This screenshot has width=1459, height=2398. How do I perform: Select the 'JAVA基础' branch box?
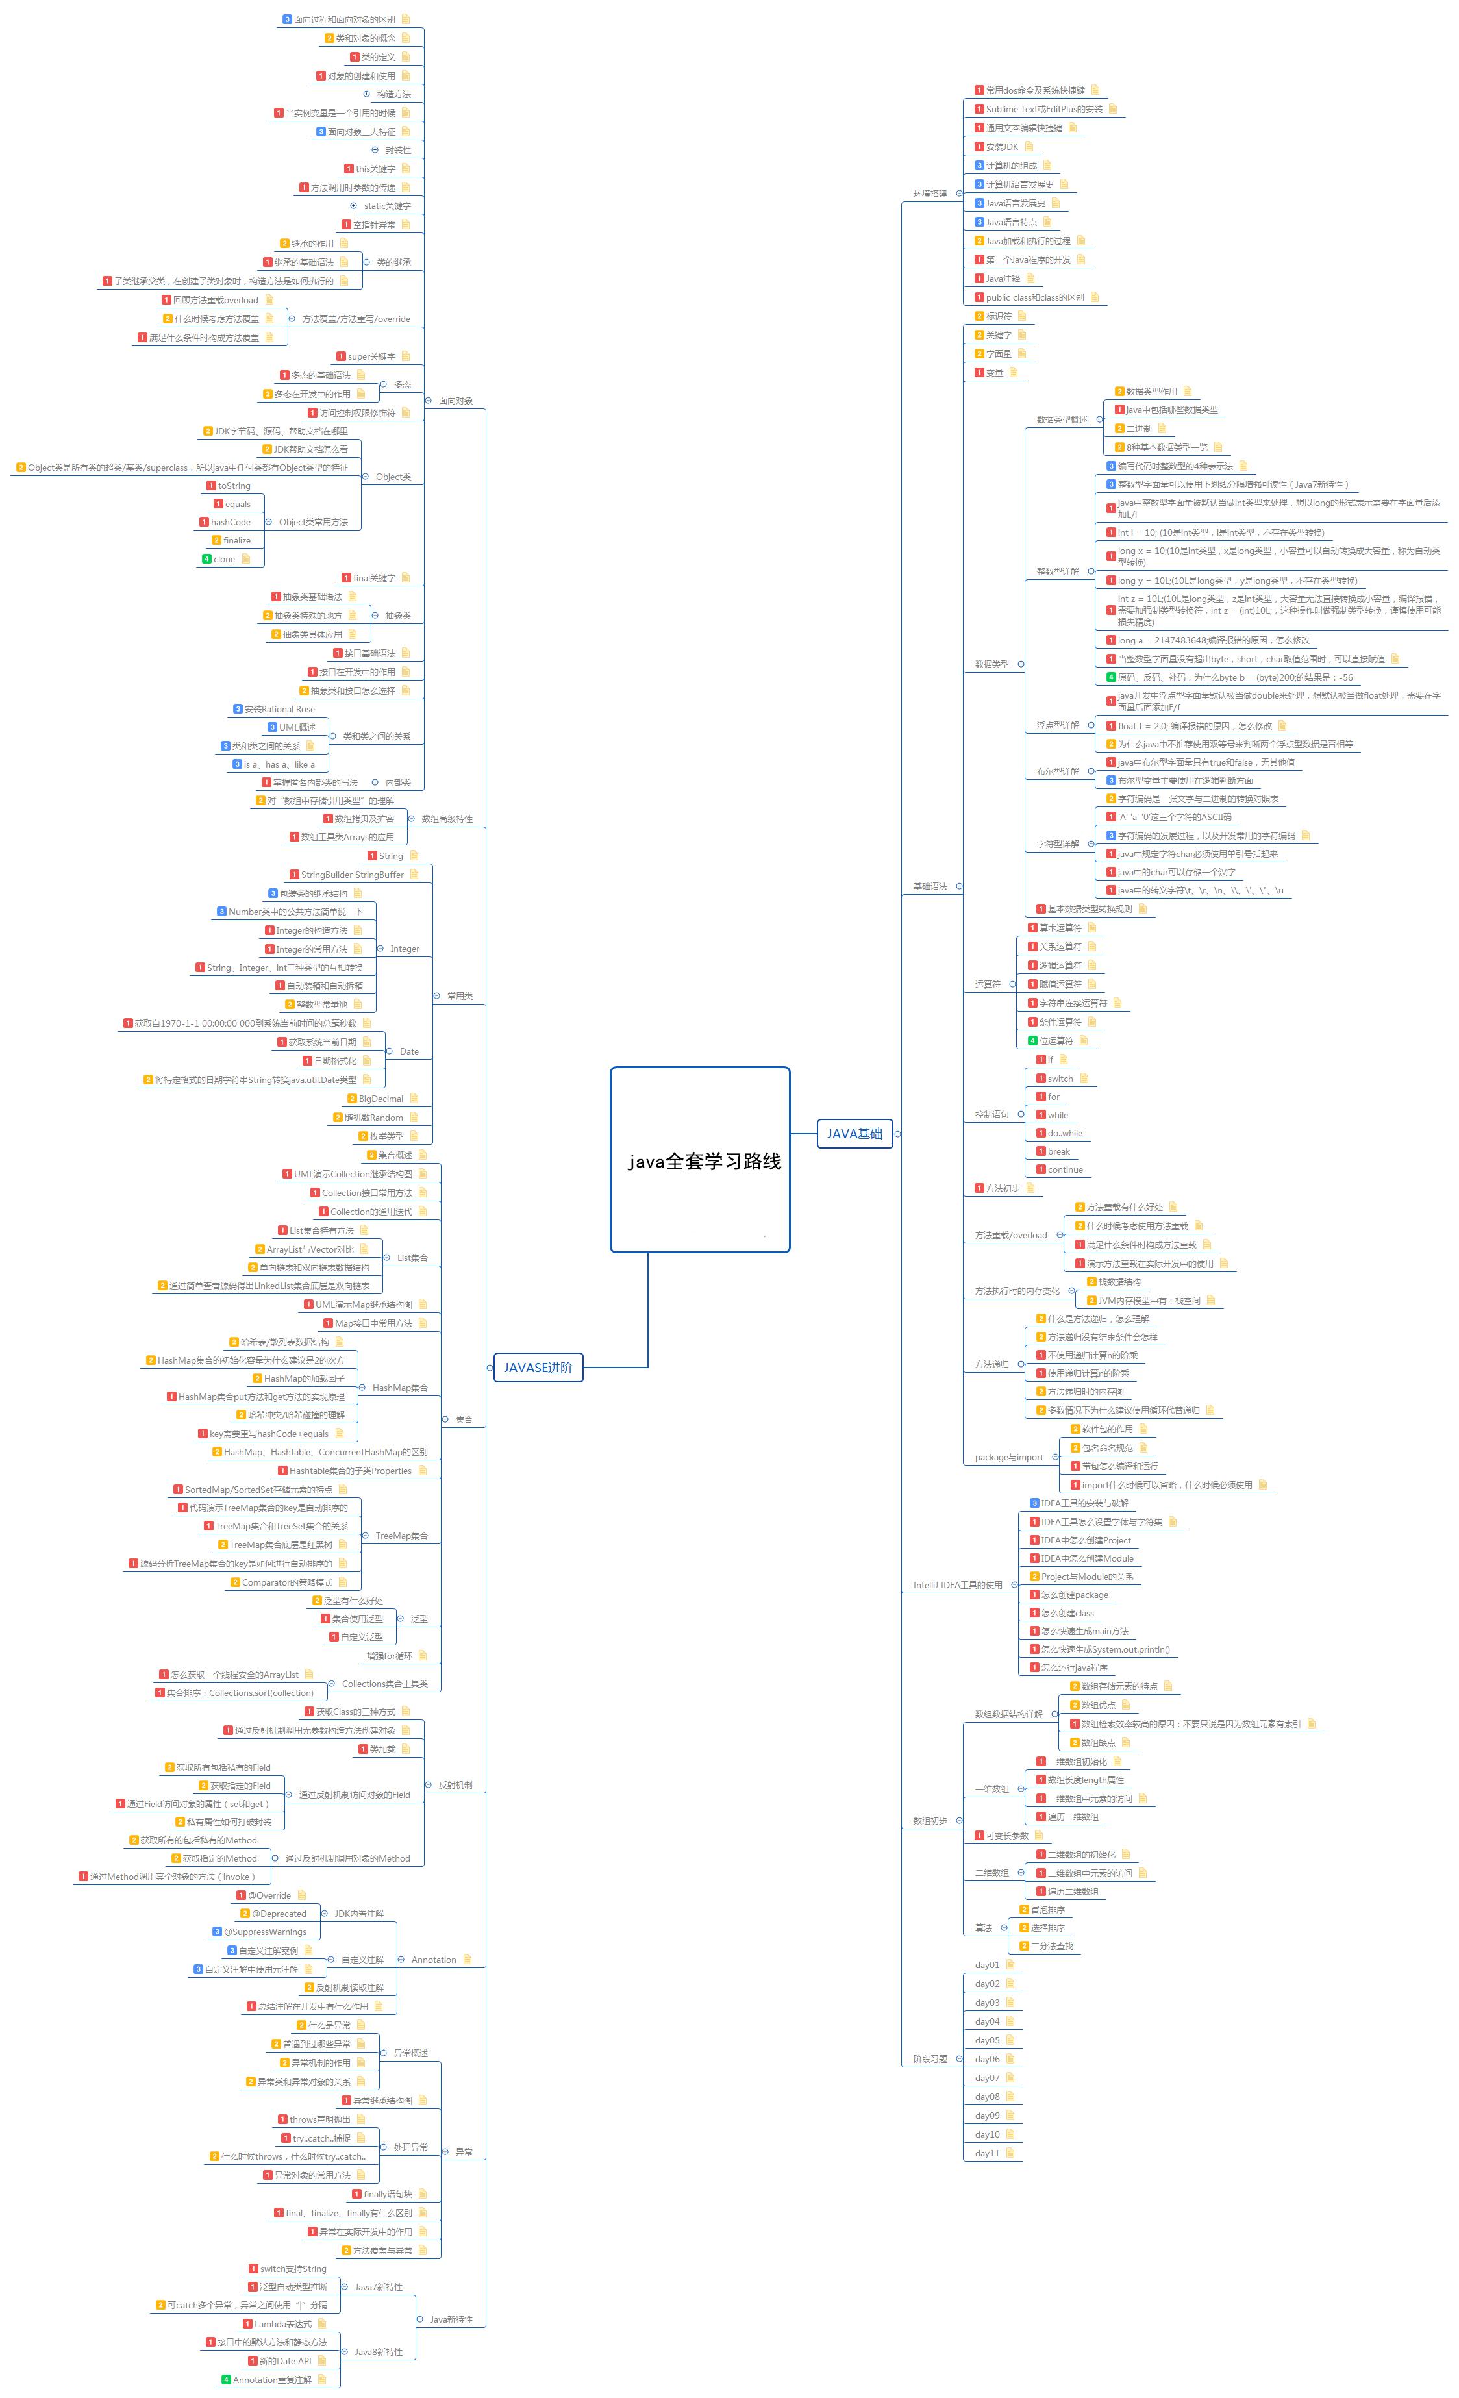(x=854, y=1133)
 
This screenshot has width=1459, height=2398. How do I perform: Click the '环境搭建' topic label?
(x=930, y=194)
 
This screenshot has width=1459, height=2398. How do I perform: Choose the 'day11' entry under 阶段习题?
(x=987, y=2153)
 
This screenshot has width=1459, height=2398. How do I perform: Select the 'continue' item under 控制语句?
(x=1065, y=1170)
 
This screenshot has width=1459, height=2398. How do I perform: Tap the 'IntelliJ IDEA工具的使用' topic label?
(x=957, y=1584)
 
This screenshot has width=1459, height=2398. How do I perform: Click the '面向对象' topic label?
(x=456, y=400)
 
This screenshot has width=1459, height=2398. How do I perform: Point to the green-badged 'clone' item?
(x=224, y=560)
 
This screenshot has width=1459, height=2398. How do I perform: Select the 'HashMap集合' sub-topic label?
(x=399, y=1388)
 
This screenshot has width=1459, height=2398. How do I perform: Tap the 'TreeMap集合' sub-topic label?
(x=401, y=1536)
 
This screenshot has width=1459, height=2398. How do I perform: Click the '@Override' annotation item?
(x=269, y=1895)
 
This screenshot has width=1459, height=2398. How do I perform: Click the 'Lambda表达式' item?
(x=282, y=2324)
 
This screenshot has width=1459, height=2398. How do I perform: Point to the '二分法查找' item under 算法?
(x=1051, y=1945)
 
